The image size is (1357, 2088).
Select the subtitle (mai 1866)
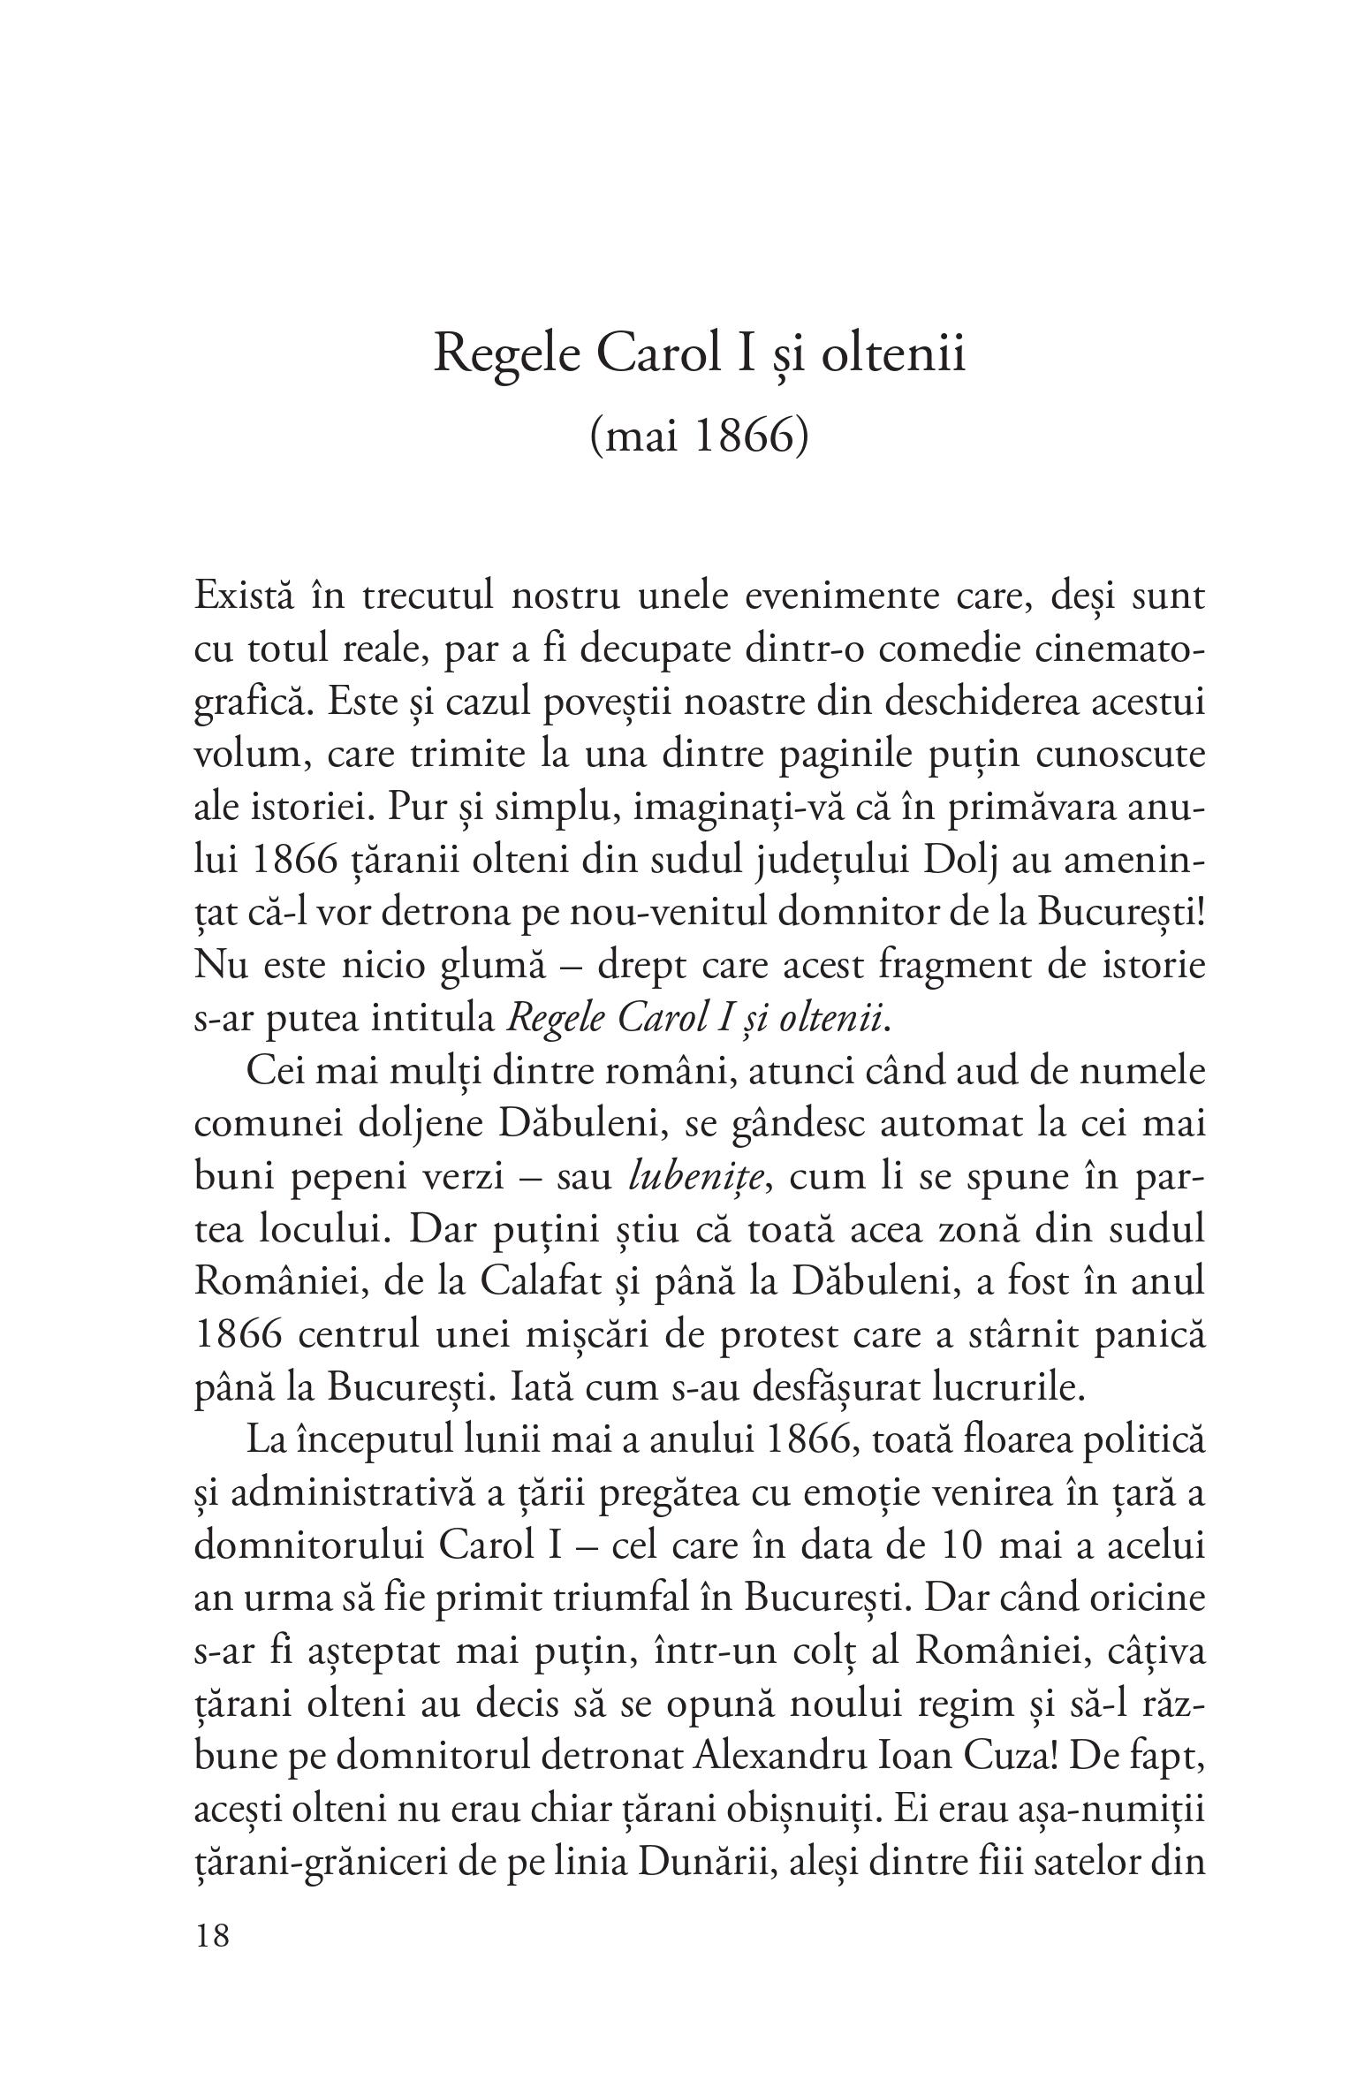(x=699, y=437)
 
